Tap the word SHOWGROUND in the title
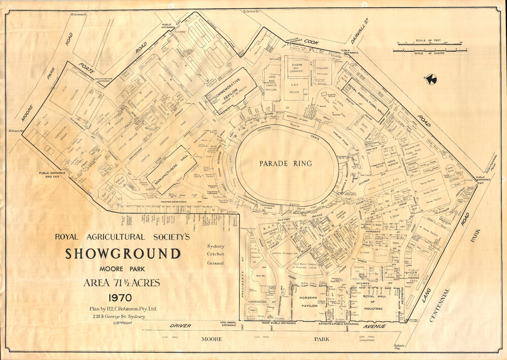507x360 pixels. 122,253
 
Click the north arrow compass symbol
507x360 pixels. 431,79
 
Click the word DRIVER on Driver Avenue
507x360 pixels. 180,325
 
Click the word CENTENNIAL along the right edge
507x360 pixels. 440,305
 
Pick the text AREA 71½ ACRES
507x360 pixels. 122,283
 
